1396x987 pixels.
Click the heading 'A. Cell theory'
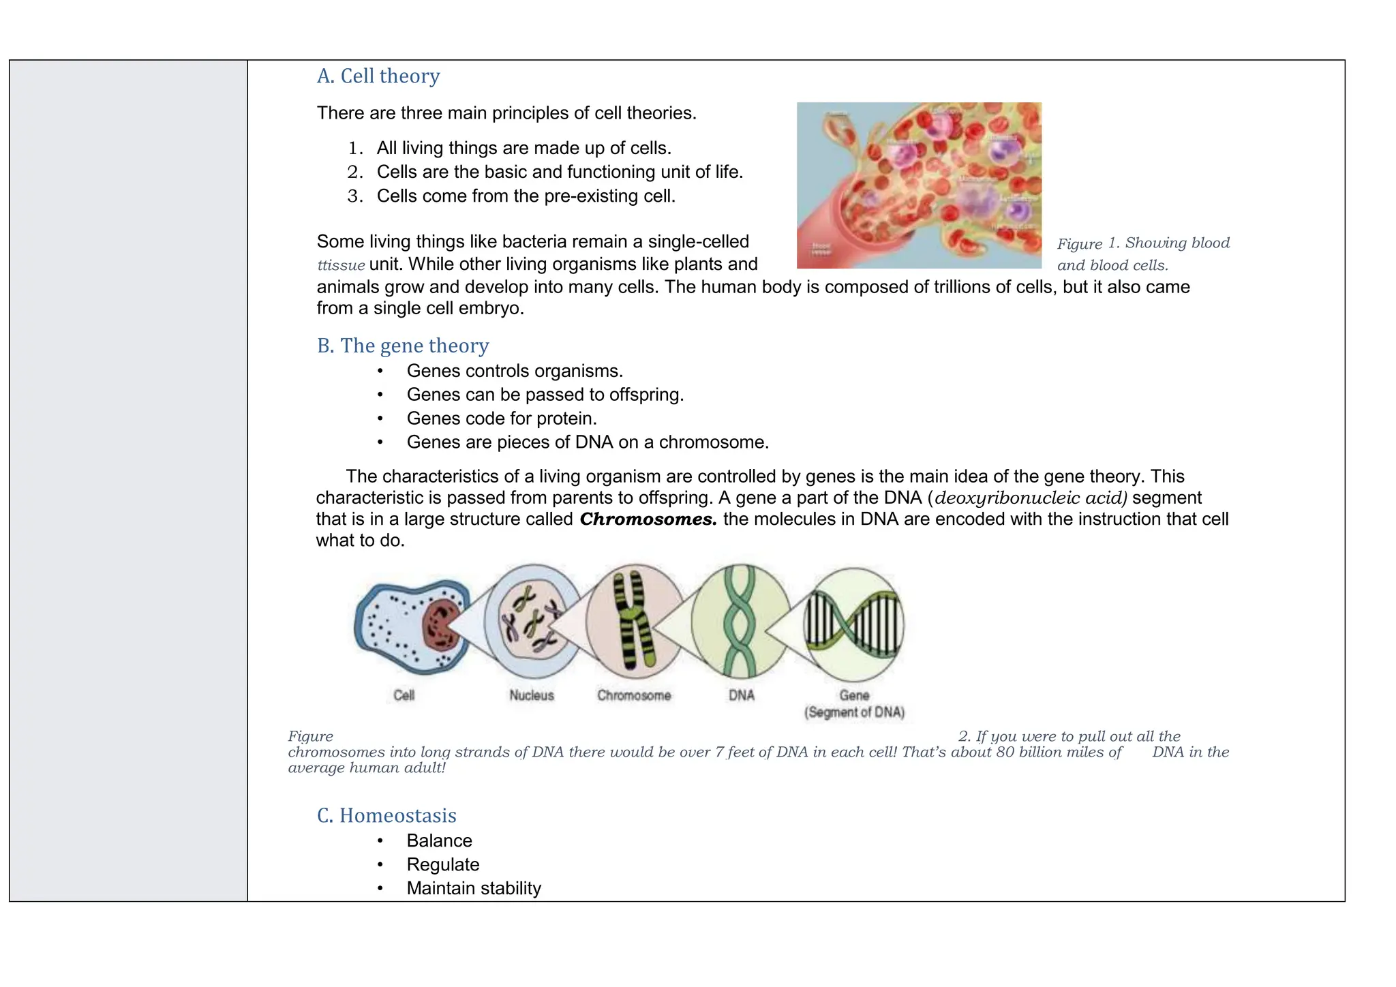coord(378,76)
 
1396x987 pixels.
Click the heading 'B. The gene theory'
coord(402,346)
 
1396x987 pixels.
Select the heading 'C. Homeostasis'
coord(386,815)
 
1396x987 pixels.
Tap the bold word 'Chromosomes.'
coord(648,519)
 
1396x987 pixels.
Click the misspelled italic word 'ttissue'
coord(341,265)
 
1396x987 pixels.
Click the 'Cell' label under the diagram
coord(404,695)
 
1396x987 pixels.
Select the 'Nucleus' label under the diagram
coord(532,695)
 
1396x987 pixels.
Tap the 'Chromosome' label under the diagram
coord(634,695)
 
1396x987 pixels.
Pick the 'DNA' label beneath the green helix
coord(742,695)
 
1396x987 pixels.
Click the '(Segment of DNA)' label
coord(854,712)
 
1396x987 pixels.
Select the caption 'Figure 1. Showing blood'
coord(1143,243)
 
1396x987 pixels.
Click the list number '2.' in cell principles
coord(354,172)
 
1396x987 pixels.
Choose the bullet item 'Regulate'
coord(442,864)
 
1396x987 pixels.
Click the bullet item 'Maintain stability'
coord(473,888)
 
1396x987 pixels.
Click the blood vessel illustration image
coord(918,185)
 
